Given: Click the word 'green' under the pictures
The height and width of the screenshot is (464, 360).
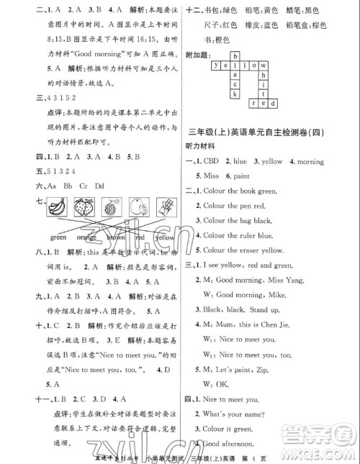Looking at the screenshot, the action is coord(58,237).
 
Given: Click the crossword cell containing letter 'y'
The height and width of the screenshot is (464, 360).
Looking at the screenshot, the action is coord(215,64).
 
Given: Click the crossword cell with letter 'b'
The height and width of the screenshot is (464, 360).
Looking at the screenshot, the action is coord(235,55).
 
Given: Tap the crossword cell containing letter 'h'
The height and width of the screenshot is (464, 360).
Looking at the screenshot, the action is coord(264,74).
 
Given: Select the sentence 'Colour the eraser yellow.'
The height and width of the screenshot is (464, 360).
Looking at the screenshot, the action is coord(248,250).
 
